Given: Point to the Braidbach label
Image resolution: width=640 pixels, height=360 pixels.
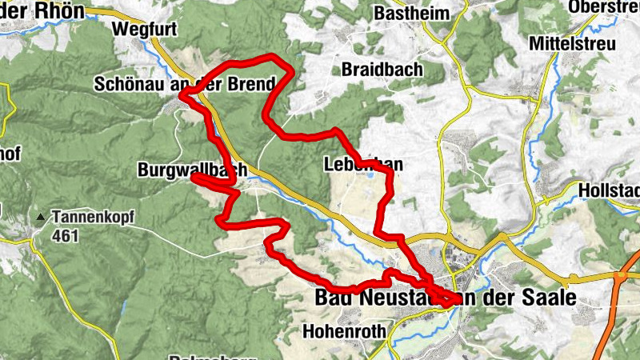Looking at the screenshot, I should tap(382, 70).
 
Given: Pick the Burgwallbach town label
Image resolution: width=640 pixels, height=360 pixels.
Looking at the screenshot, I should tap(190, 170).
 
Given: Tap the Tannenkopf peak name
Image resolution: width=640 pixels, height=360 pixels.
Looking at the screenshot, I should tap(94, 216).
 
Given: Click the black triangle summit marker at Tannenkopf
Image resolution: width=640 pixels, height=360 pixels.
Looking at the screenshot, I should tap(40, 217).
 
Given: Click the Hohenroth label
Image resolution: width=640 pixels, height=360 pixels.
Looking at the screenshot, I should tap(345, 330).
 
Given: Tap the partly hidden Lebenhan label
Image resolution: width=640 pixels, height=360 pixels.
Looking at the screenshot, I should tap(363, 165).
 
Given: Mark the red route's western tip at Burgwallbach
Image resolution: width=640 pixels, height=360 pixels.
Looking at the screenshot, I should tap(194, 178).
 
